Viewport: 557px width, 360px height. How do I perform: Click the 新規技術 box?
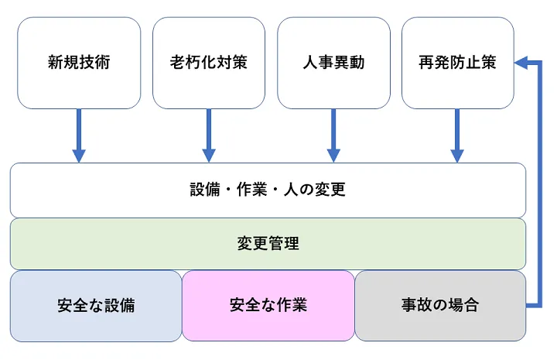[x=78, y=63]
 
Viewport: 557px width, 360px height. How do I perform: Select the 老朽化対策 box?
[x=208, y=63]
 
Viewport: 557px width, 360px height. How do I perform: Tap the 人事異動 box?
[x=333, y=63]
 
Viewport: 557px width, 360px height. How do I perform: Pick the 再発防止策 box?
[x=457, y=63]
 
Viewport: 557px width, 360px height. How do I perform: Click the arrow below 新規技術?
[x=78, y=135]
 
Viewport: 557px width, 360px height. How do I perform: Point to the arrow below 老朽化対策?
[x=208, y=135]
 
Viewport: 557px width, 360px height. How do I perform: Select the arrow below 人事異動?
[x=333, y=135]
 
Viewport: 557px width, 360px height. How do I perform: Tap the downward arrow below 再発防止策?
[x=457, y=135]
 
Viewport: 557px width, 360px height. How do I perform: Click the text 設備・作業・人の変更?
[x=268, y=190]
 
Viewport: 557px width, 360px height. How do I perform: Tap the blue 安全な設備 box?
[x=96, y=305]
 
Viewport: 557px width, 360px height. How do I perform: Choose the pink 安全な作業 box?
[x=268, y=305]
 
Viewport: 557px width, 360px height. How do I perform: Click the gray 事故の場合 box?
[x=439, y=305]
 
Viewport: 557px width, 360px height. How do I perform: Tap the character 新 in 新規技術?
[x=55, y=63]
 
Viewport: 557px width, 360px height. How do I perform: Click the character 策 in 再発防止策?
[x=488, y=63]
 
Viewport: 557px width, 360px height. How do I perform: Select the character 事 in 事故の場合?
[x=408, y=305]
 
